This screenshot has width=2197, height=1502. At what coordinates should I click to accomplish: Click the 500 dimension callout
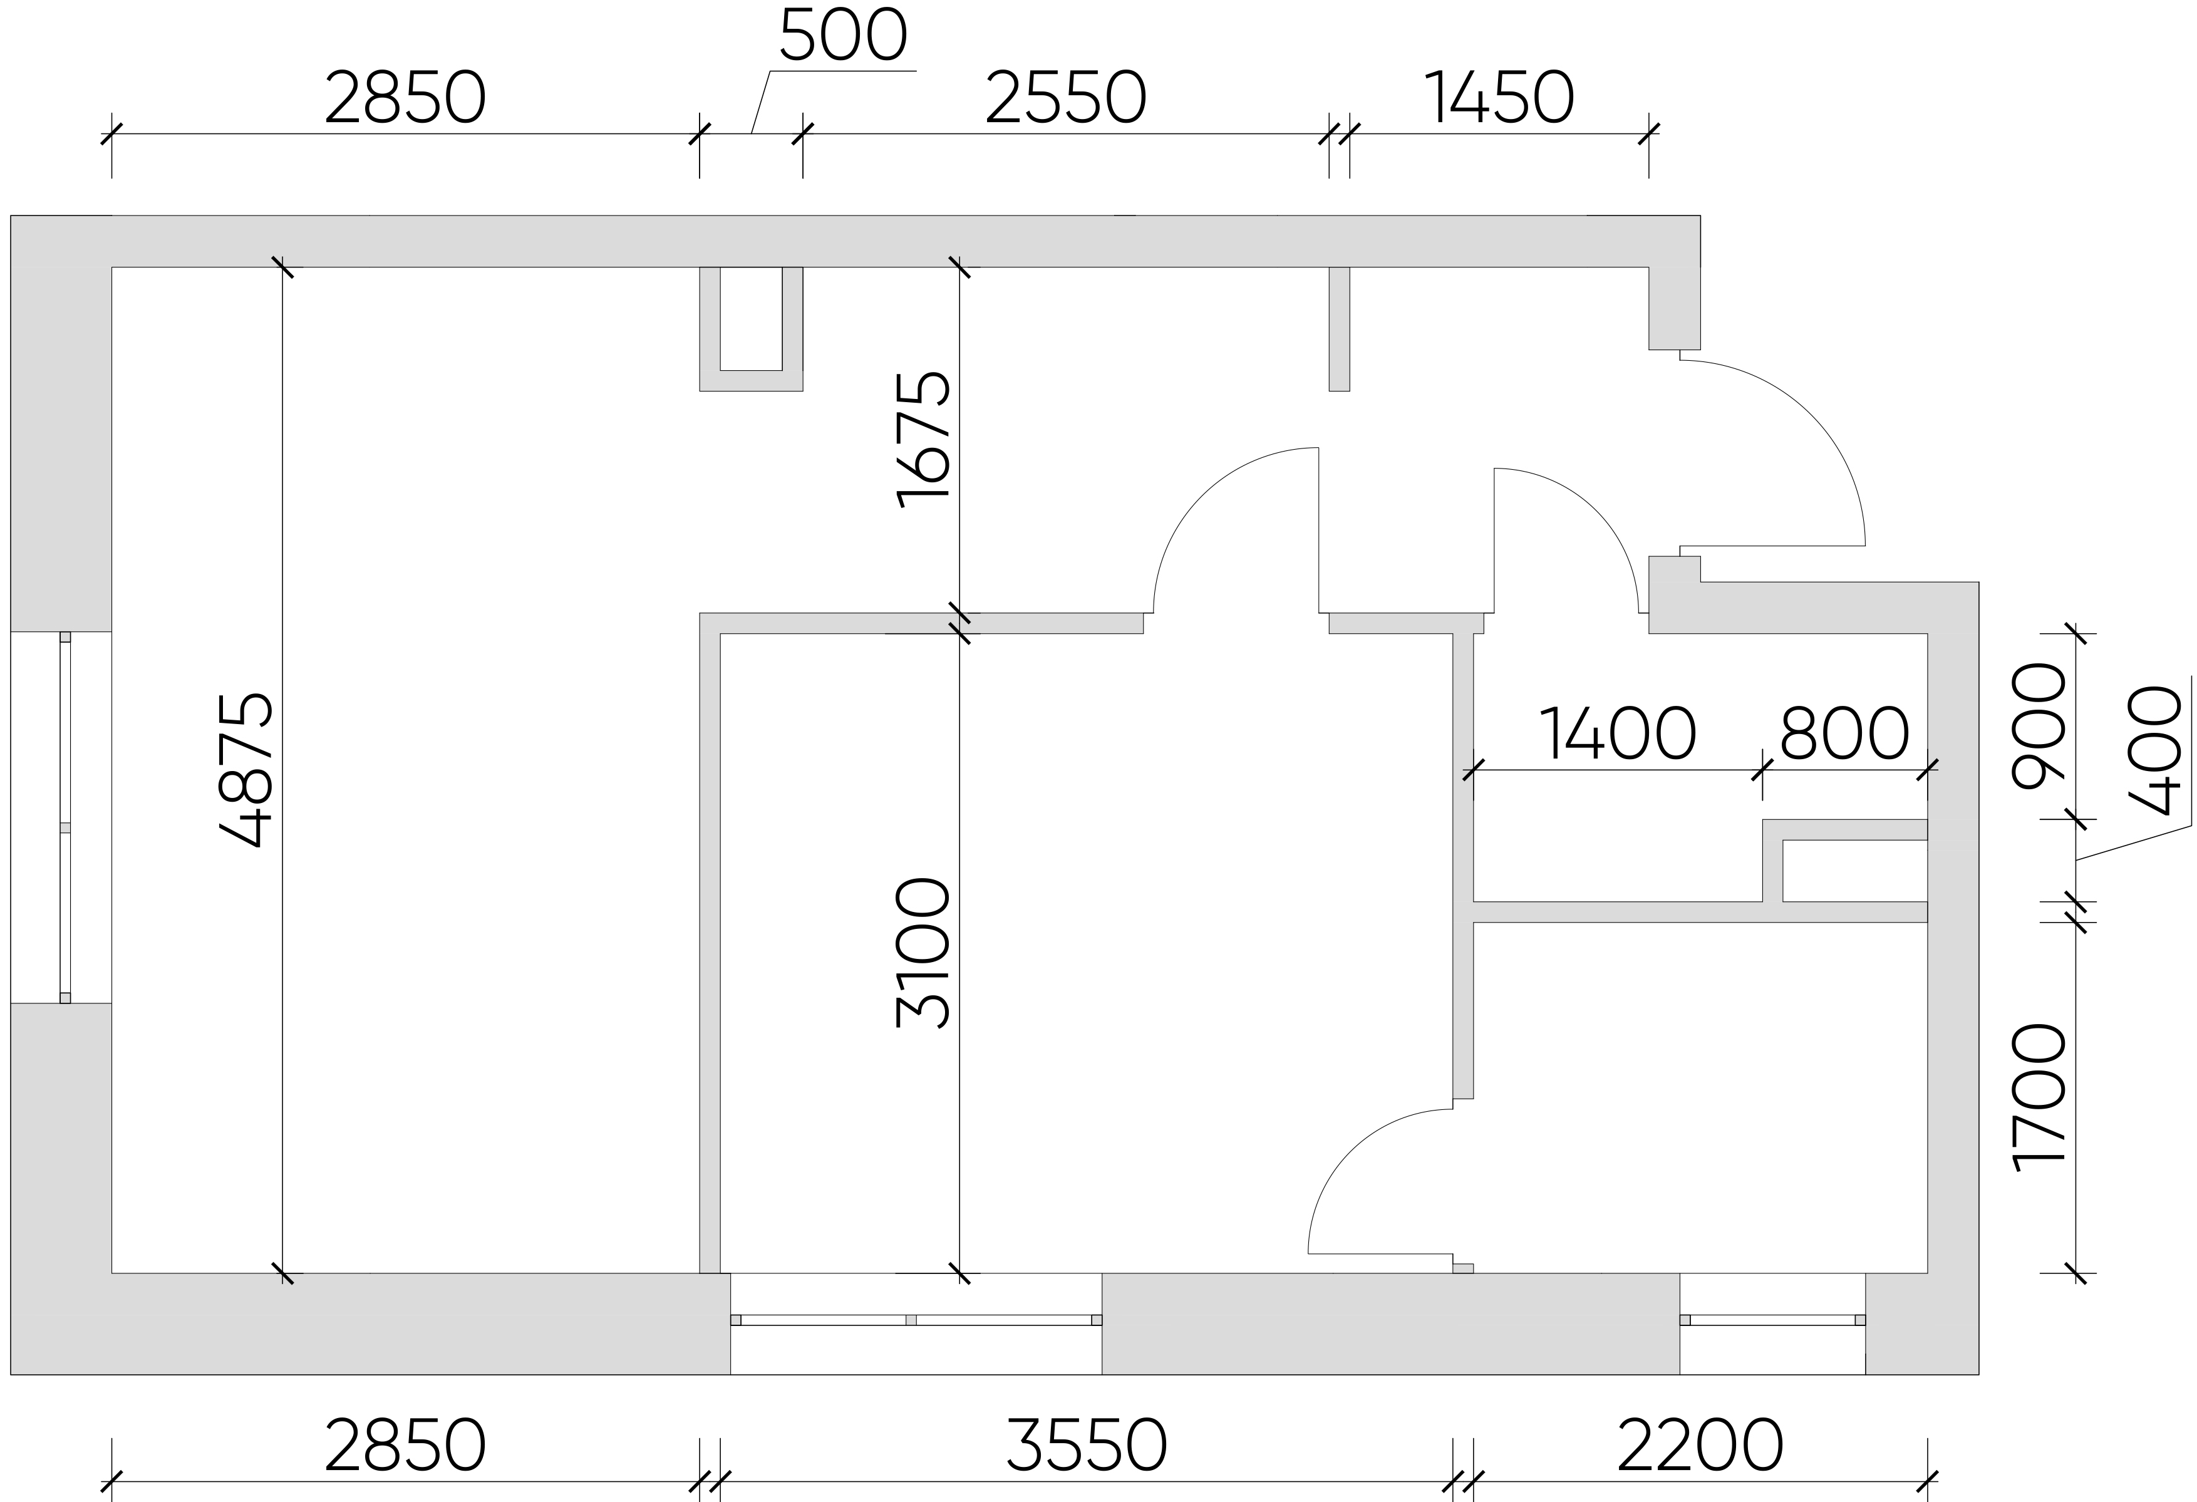tap(843, 36)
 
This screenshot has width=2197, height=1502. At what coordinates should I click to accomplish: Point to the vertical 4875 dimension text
tap(247, 770)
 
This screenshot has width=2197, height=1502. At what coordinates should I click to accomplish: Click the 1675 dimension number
tap(923, 440)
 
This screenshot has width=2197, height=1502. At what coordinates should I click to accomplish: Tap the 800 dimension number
tap(1844, 733)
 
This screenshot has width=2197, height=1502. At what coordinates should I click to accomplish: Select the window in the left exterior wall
tap(65, 817)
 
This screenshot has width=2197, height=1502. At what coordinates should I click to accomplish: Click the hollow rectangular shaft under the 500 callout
tap(752, 329)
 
